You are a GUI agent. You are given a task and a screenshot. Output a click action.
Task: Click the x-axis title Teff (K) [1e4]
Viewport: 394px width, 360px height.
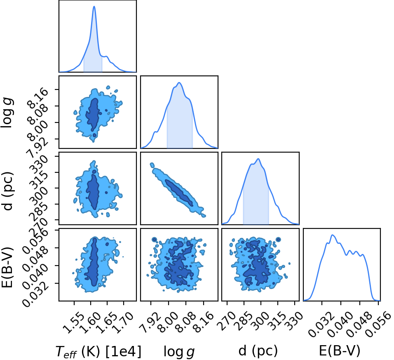pos(98,351)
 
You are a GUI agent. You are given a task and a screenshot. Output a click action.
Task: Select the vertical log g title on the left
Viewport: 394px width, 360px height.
pos(7,113)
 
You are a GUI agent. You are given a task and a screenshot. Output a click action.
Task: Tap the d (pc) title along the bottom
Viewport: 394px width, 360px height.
pos(258,351)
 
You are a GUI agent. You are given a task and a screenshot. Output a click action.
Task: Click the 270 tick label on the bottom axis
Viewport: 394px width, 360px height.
pos(227,320)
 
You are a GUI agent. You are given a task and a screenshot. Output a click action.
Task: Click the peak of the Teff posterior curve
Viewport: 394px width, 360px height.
pos(94,6)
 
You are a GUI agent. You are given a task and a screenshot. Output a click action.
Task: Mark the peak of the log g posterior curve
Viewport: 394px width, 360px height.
pos(179,82)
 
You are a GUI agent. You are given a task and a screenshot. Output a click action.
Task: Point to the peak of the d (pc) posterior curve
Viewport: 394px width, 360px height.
pos(258,159)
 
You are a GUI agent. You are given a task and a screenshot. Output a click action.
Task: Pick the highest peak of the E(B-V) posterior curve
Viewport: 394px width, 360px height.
pos(333,235)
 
